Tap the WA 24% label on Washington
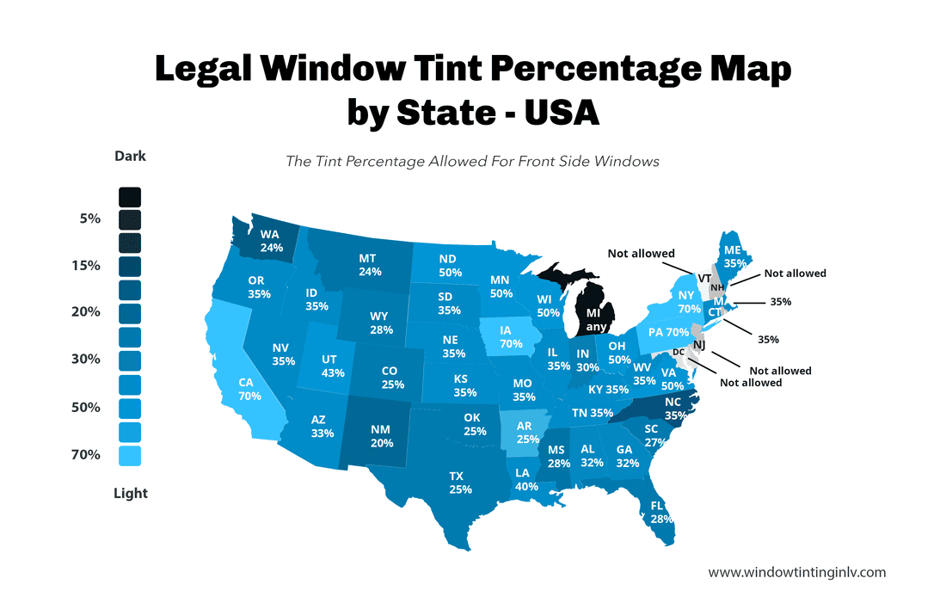pyautogui.click(x=270, y=241)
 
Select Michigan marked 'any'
pyautogui.click(x=594, y=320)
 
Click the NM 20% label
pyautogui.click(x=381, y=436)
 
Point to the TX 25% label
pyautogui.click(x=461, y=482)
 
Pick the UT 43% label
pyautogui.click(x=332, y=366)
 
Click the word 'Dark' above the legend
pyautogui.click(x=130, y=157)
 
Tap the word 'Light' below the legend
pyautogui.click(x=130, y=493)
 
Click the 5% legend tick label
pyautogui.click(x=89, y=218)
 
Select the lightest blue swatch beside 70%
pyautogui.click(x=130, y=455)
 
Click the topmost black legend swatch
pyautogui.click(x=130, y=197)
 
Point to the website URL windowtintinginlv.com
pyautogui.click(x=796, y=572)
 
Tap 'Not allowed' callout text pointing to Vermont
pyautogui.click(x=641, y=254)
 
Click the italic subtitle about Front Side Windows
pyautogui.click(x=472, y=161)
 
